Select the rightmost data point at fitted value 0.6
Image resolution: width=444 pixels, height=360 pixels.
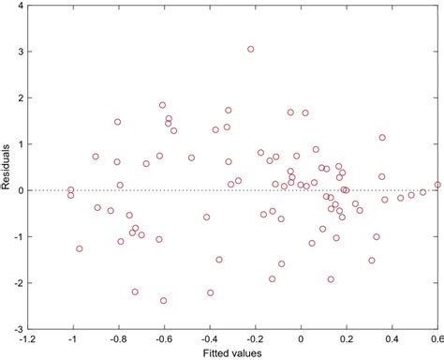pyautogui.click(x=437, y=185)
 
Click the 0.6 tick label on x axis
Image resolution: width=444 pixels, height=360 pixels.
pyautogui.click(x=437, y=339)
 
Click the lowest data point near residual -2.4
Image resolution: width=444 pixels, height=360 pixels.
pyautogui.click(x=164, y=301)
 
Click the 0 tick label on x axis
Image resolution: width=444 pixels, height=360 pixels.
pyautogui.click(x=301, y=339)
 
